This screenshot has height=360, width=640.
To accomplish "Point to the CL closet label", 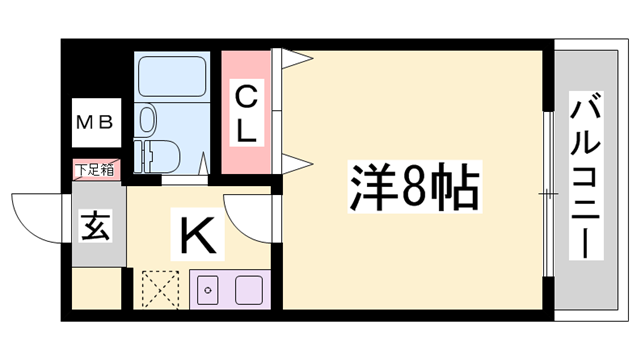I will [246, 112].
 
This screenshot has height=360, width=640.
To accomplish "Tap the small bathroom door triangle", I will [204, 161].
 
